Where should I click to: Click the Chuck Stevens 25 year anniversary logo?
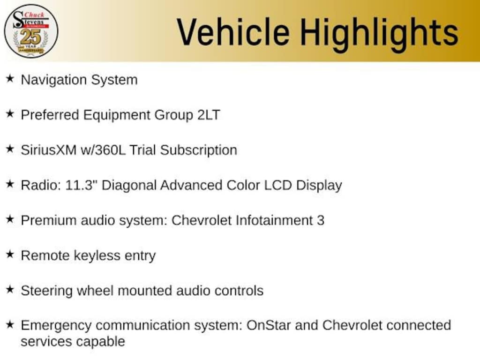[31, 31]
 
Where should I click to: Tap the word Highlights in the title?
[379, 32]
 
